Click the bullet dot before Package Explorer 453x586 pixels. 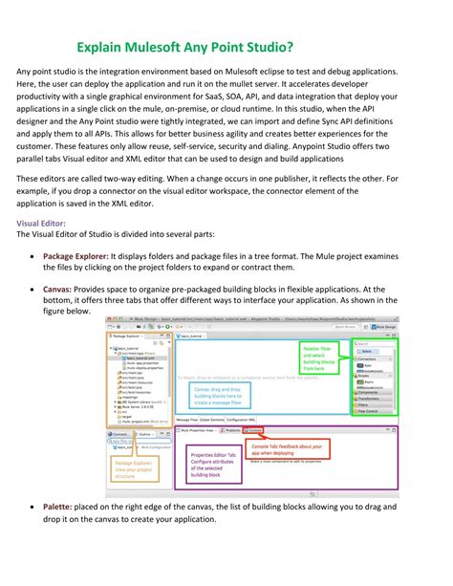pyautogui.click(x=34, y=257)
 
